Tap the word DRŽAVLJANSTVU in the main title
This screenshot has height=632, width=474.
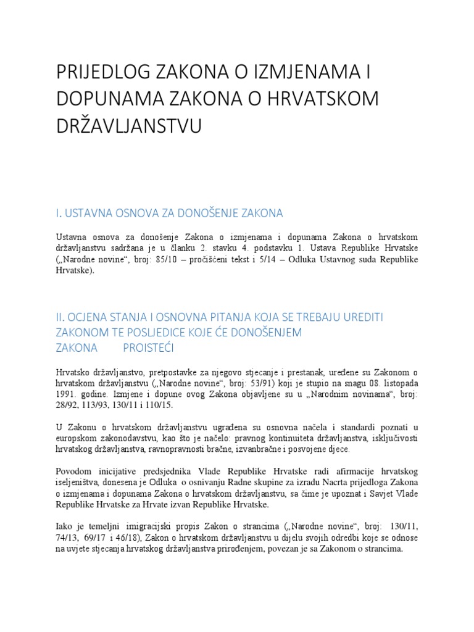pyautogui.click(x=129, y=127)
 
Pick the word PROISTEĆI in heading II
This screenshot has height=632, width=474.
pyautogui.click(x=149, y=348)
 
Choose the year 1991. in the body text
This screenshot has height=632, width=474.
pyautogui.click(x=67, y=394)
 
